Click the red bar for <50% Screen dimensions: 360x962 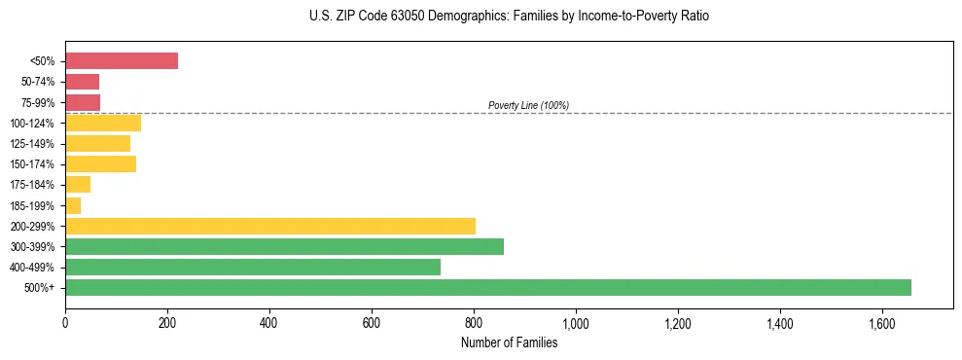[122, 61]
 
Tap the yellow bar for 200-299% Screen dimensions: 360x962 [270, 226]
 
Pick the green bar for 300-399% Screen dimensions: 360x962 [284, 246]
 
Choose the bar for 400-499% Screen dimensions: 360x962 [253, 267]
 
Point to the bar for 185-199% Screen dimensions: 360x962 [73, 205]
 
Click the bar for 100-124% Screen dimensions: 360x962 [103, 123]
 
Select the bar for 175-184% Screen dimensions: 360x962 [78, 185]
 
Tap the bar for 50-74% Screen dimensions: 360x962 [82, 82]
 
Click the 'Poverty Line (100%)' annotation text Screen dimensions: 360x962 [528, 105]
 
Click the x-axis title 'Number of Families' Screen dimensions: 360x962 [510, 342]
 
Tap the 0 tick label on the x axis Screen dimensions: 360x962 [65, 323]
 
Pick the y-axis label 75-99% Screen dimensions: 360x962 [39, 103]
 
